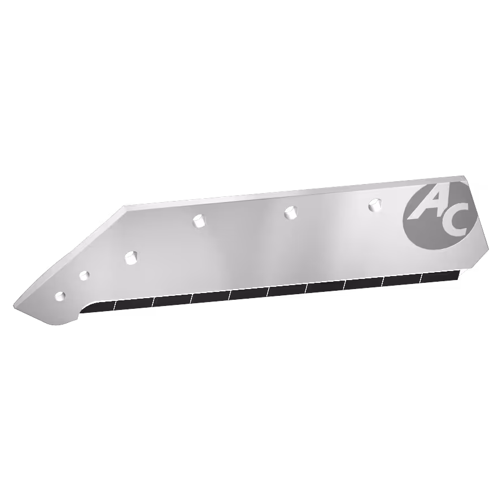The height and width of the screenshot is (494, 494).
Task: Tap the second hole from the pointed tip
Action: [x=84, y=276]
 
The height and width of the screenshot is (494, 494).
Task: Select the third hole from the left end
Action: [x=132, y=258]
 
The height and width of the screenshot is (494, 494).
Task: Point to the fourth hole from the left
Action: [x=199, y=220]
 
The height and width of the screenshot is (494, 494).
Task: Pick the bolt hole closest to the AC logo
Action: [x=375, y=204]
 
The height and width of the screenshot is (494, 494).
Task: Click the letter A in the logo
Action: [x=431, y=206]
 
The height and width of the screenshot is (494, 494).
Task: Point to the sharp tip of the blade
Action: [x=14, y=305]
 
